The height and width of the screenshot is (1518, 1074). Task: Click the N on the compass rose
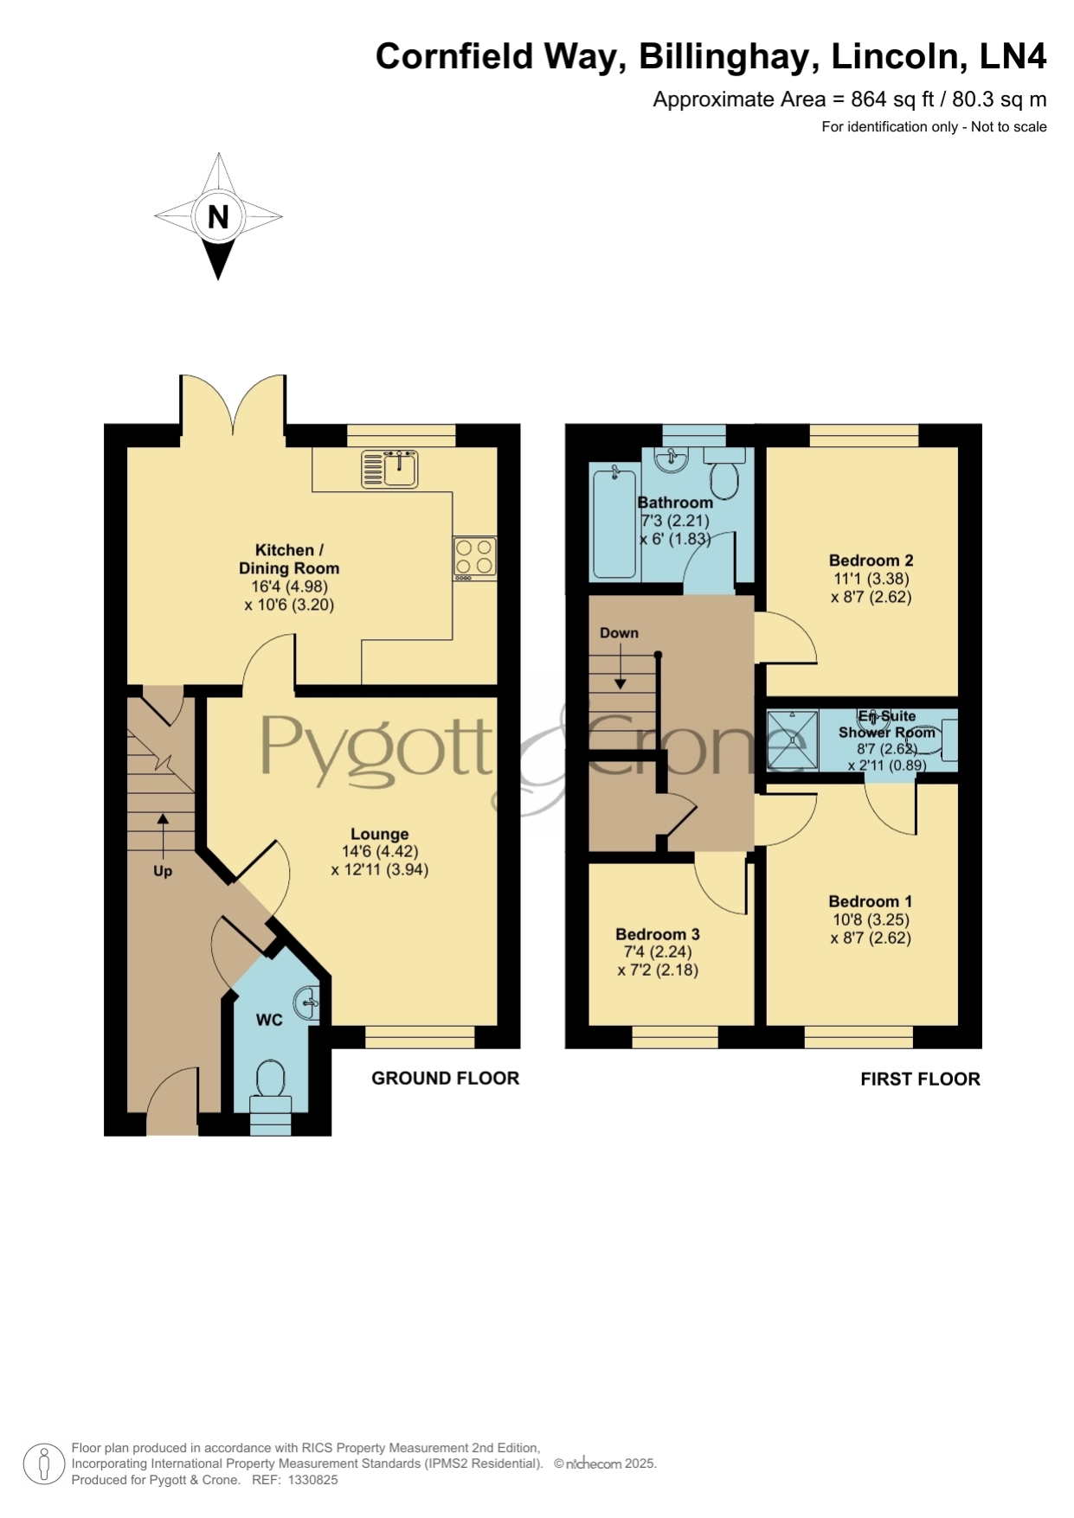point(218,216)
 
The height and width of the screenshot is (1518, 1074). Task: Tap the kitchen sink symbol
point(389,468)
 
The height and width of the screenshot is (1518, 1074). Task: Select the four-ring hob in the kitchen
point(475,558)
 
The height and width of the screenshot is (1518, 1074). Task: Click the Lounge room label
point(379,834)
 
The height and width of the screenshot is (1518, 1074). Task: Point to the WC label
point(269,1020)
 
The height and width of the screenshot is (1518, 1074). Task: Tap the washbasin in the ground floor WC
point(307,1004)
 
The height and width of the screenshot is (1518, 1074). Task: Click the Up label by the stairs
point(163,871)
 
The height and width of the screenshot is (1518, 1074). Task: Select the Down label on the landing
point(619,632)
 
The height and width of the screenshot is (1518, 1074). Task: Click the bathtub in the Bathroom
point(614,521)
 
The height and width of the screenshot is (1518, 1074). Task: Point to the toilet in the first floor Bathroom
point(724,472)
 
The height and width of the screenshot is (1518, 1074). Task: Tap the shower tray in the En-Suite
point(792,740)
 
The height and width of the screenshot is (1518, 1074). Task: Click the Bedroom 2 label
point(871,560)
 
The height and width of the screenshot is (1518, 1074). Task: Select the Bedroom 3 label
point(658,934)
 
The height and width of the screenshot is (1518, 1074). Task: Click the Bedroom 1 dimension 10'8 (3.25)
point(871,920)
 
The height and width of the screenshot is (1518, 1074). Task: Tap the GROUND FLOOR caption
point(446,1078)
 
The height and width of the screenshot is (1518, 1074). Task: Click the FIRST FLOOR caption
point(920,1079)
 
